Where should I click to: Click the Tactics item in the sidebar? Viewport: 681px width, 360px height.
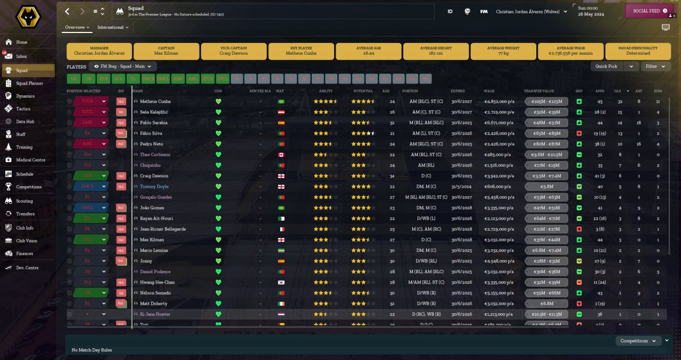(23, 108)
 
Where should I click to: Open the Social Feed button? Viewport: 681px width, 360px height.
(650, 11)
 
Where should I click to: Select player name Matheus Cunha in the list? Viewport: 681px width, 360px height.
(155, 101)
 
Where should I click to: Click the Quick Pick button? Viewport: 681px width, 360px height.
(607, 66)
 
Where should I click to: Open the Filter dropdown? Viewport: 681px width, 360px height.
(654, 66)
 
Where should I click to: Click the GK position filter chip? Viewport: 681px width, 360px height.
(73, 79)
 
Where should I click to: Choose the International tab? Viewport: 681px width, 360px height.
(111, 27)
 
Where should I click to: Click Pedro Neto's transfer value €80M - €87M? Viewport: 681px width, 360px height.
(546, 144)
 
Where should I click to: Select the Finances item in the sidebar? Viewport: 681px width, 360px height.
(24, 254)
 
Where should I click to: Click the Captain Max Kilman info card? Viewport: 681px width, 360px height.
(167, 51)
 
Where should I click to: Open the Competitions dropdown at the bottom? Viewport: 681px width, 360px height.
(638, 341)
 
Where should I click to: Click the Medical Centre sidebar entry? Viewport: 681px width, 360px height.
(30, 160)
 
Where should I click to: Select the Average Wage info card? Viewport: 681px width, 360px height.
(570, 51)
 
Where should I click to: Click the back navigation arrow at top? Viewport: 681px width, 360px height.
(67, 11)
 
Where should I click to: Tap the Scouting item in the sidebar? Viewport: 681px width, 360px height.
(24, 201)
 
